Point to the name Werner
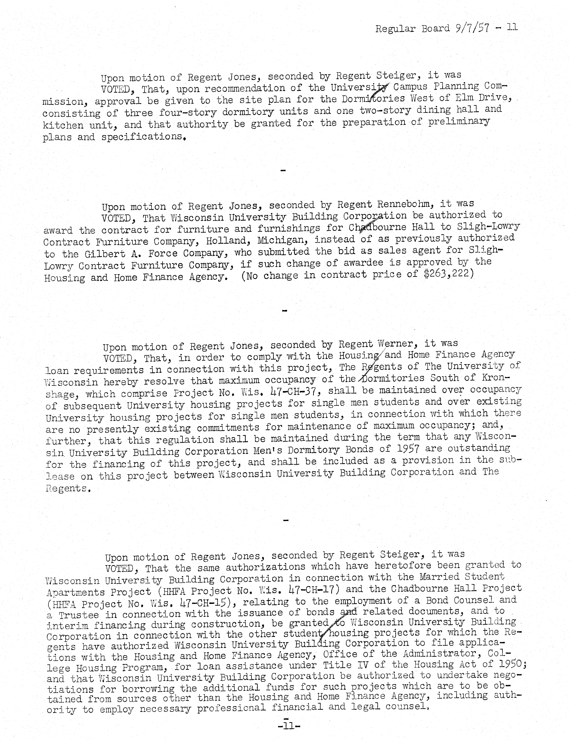click(x=394, y=344)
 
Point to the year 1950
click(x=509, y=663)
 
